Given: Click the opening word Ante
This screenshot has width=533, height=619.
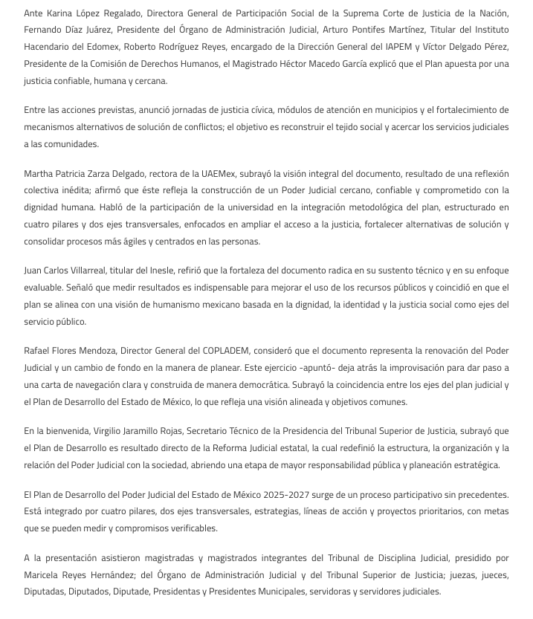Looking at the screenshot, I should (34, 13).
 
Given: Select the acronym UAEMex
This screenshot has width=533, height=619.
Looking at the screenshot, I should (217, 173).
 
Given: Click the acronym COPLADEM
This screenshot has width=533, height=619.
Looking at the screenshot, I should (228, 351).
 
